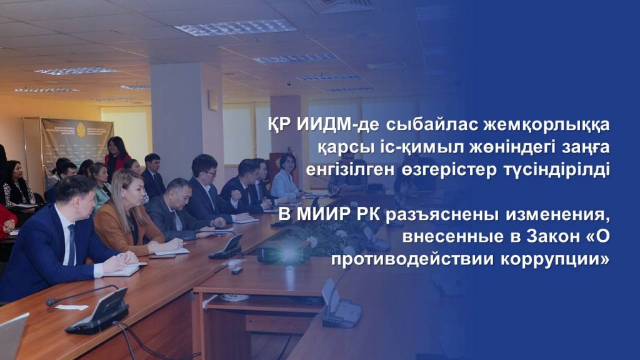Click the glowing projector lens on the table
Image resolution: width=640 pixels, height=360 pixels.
coord(289,255)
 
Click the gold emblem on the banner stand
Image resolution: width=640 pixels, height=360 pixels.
coord(81,129)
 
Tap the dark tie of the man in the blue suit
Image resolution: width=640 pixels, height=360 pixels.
coord(71,245)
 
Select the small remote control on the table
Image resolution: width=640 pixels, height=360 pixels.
coord(237,270)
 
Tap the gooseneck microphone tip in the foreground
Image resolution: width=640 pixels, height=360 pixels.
coord(51,302)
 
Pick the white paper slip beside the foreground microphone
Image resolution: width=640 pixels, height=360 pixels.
coord(71,307)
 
